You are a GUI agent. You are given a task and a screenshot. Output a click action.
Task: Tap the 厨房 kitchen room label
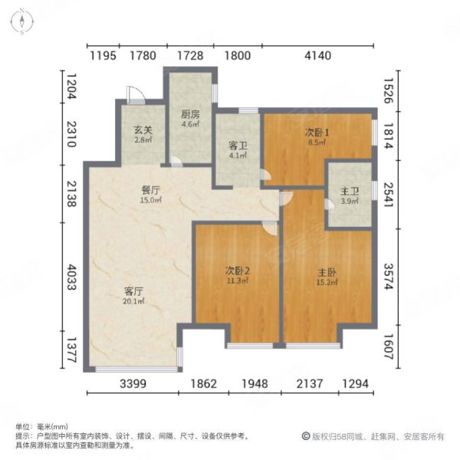[x=190, y=114]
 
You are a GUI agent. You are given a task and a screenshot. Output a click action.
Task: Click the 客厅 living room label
[x=135, y=291]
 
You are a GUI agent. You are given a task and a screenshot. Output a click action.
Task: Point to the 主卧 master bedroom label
[x=327, y=271]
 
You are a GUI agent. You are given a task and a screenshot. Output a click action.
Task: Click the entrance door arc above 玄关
[x=135, y=95]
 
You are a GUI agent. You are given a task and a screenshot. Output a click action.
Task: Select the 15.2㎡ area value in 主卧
[x=327, y=281]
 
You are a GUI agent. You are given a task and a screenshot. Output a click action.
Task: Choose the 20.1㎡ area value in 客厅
[x=135, y=301]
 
